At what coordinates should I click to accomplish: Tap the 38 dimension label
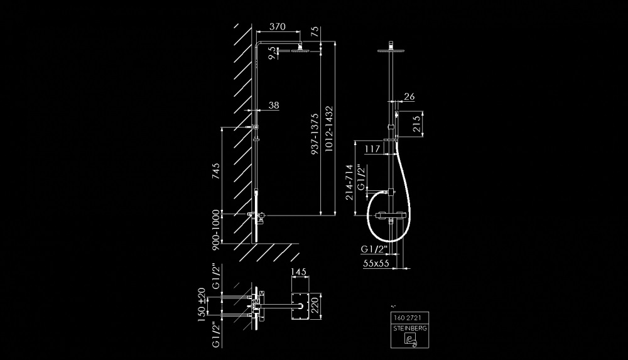(x=273, y=106)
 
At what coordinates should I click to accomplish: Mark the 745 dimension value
(x=215, y=171)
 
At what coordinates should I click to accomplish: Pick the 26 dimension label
(x=409, y=96)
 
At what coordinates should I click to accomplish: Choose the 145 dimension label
(x=299, y=272)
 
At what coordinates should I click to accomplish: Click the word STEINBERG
(x=408, y=328)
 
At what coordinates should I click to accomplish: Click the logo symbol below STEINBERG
(x=408, y=340)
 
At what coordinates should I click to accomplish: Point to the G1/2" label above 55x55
(x=375, y=249)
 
